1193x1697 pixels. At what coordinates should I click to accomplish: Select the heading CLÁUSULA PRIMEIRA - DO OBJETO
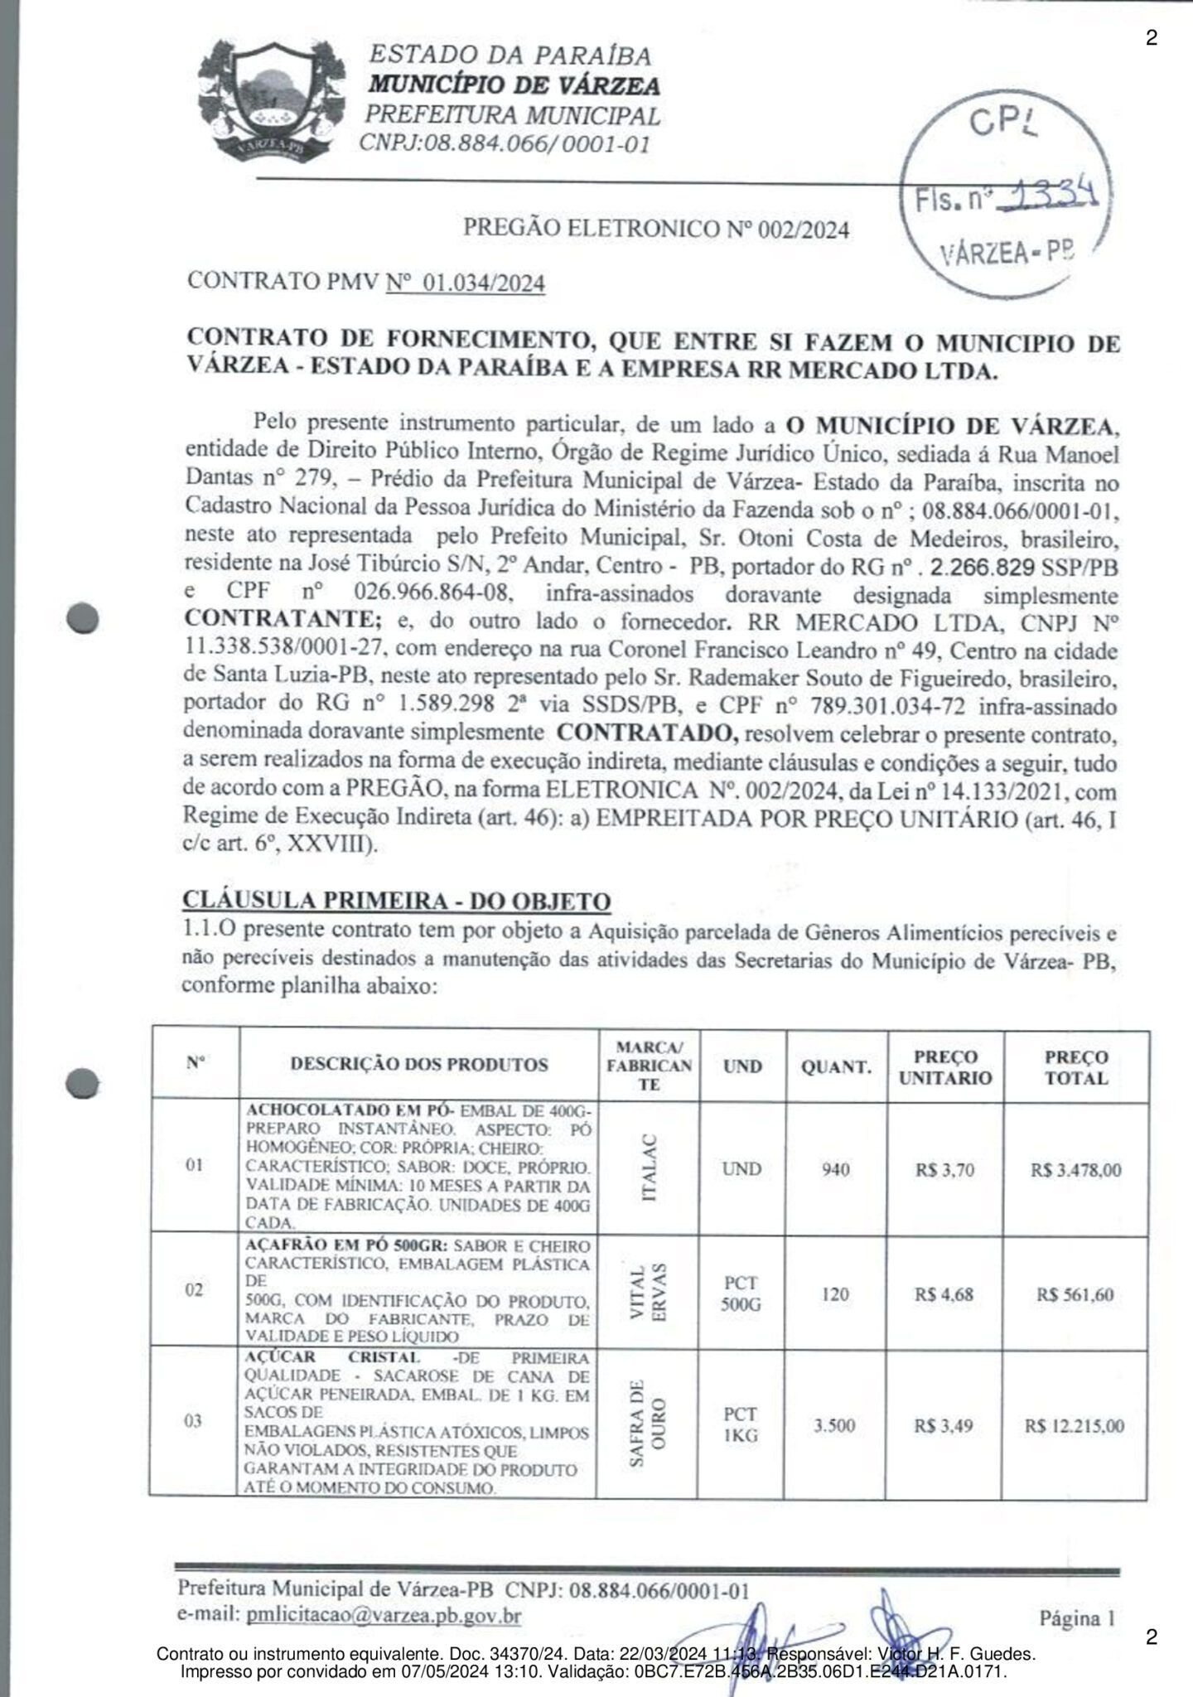click(x=396, y=901)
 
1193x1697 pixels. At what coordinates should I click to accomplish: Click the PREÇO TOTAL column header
click(x=1075, y=1067)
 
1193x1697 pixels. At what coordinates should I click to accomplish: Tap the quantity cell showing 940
click(x=835, y=1170)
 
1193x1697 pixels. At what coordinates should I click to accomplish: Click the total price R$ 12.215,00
click(x=1075, y=1426)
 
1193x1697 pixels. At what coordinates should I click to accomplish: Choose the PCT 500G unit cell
click(x=741, y=1294)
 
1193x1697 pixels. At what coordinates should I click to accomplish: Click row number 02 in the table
click(x=194, y=1291)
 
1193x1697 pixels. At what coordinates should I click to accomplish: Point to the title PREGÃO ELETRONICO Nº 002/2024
click(x=655, y=229)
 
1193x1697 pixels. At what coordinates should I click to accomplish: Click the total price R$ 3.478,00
click(x=1075, y=1170)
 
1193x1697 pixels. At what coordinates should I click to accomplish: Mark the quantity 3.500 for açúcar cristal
click(x=835, y=1426)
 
